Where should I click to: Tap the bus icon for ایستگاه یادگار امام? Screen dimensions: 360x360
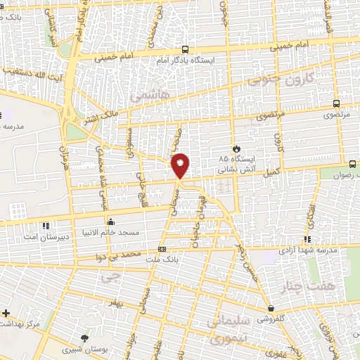(185, 49)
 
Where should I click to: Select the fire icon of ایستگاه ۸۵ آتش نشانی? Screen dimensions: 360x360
(236, 148)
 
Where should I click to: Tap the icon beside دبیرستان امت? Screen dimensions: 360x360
(46, 225)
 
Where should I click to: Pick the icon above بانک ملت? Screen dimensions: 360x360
(162, 249)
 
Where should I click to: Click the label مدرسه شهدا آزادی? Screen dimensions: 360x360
(309, 250)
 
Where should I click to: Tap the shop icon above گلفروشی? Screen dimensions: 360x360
(271, 308)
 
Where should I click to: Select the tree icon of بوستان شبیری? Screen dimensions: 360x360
(86, 338)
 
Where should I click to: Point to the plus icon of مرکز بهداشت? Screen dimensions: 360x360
(6, 312)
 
